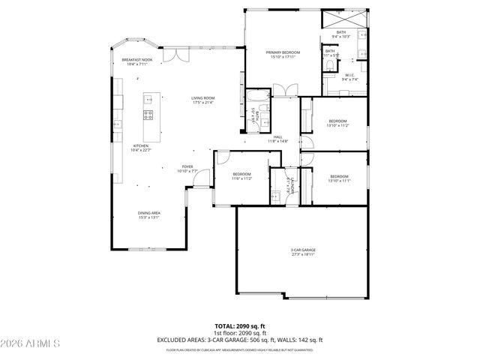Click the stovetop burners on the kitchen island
point(148,115)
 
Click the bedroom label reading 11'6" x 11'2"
point(241,177)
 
